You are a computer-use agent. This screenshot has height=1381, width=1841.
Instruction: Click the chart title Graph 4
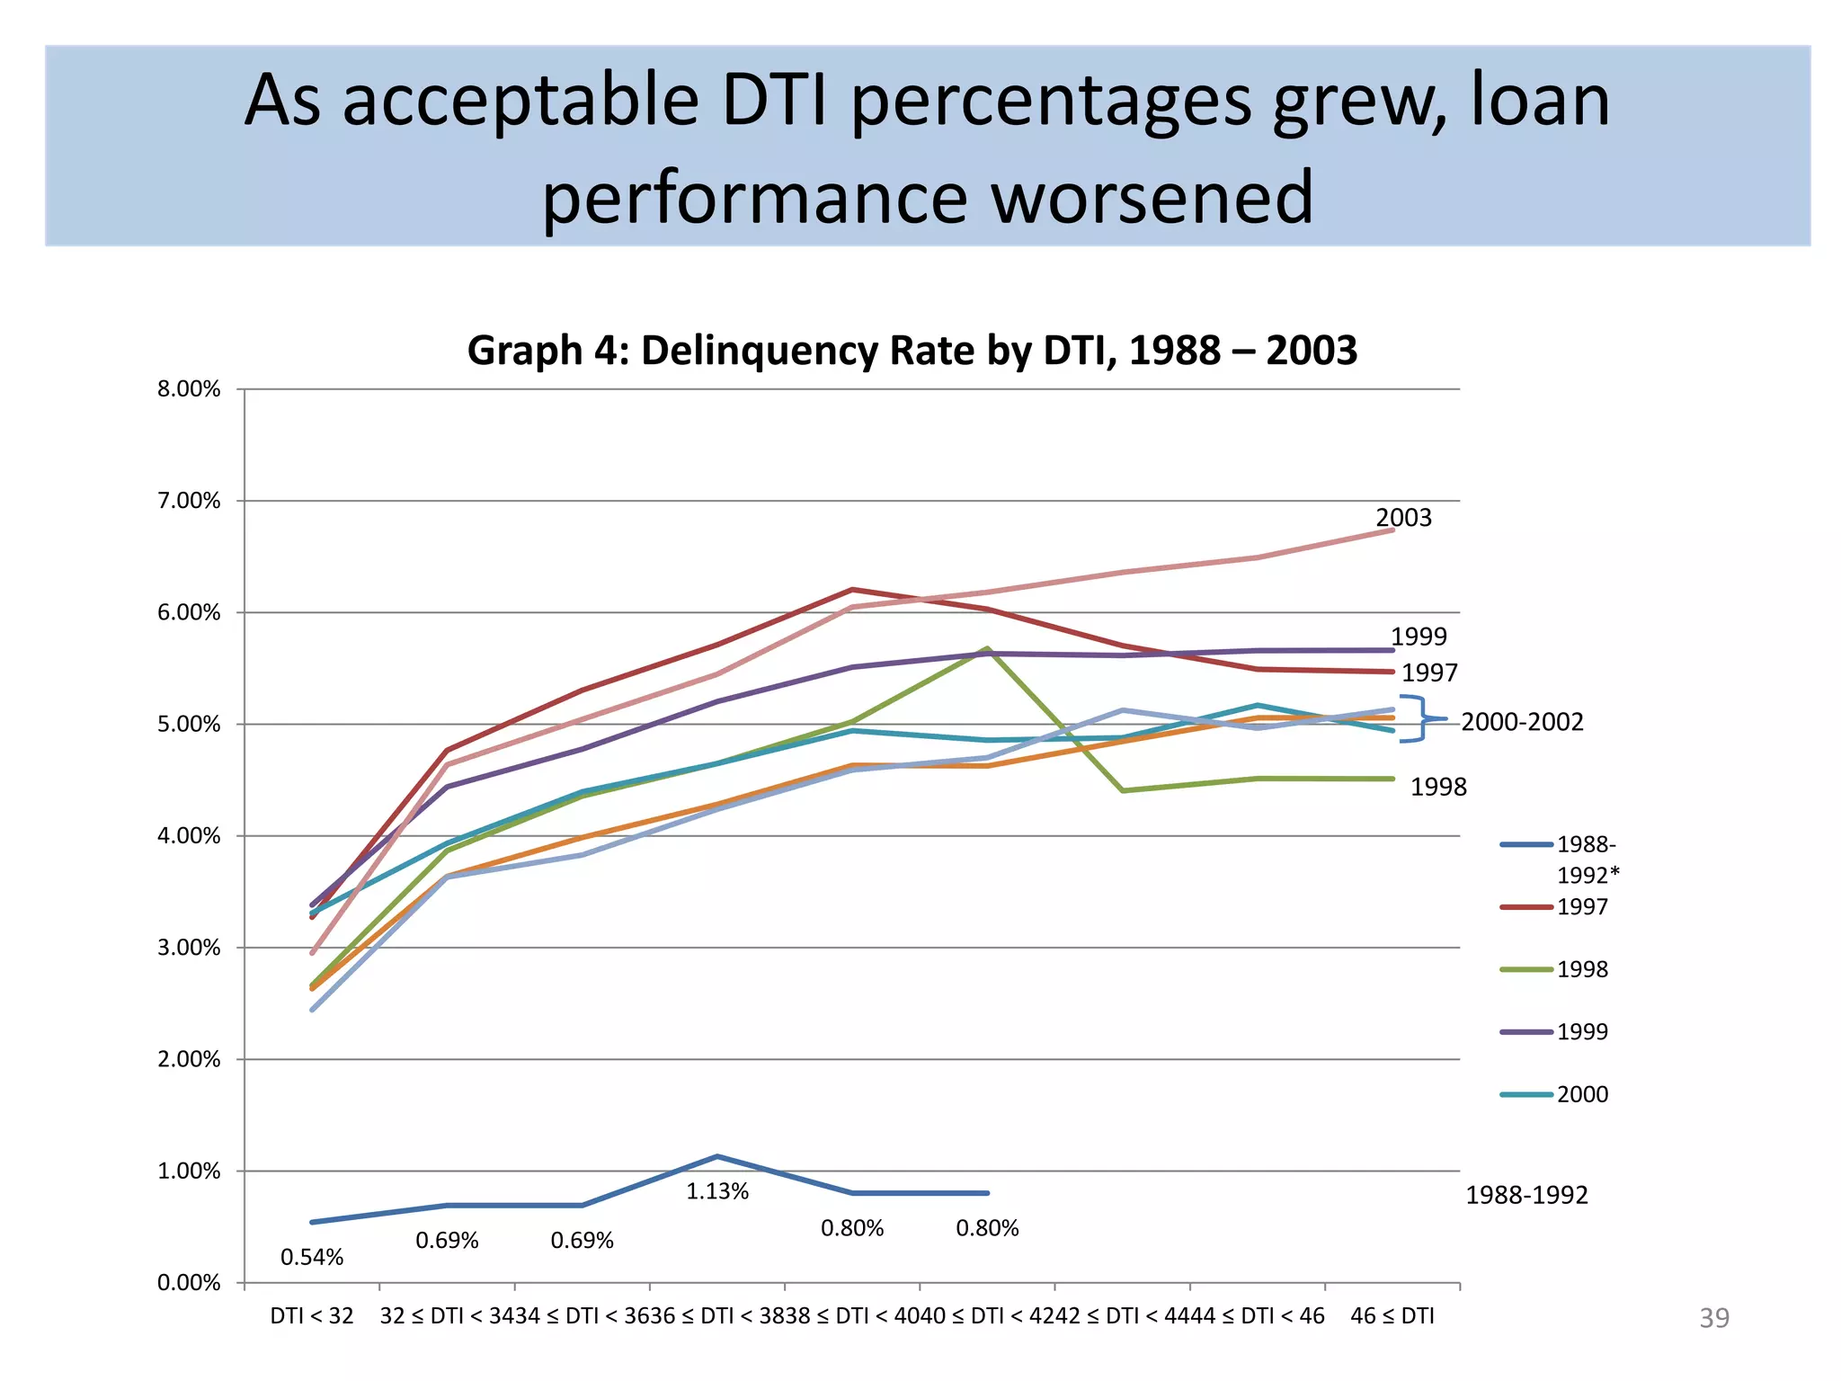pyautogui.click(x=912, y=351)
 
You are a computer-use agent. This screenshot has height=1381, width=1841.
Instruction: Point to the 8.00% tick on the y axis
pyautogui.click(x=189, y=389)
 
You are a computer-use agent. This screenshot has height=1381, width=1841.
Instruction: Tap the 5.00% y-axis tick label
pyautogui.click(x=189, y=725)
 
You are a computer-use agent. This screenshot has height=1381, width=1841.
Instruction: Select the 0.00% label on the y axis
pyautogui.click(x=189, y=1283)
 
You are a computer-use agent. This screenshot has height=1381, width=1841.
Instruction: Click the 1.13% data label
pyautogui.click(x=717, y=1192)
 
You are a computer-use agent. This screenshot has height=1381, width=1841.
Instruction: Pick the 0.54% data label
pyautogui.click(x=312, y=1258)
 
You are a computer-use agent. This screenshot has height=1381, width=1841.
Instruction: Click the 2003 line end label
pyautogui.click(x=1403, y=518)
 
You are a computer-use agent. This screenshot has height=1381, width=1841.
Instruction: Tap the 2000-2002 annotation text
pyautogui.click(x=1522, y=722)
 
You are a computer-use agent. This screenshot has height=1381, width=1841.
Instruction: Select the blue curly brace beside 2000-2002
pyautogui.click(x=1420, y=719)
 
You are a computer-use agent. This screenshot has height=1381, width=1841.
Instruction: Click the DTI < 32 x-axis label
pyautogui.click(x=312, y=1316)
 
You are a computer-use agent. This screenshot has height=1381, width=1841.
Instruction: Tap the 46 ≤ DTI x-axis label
pyautogui.click(x=1392, y=1316)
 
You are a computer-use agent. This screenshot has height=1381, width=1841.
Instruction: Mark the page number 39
pyautogui.click(x=1713, y=1318)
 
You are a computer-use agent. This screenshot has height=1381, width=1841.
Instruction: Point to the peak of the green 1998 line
pyautogui.click(x=988, y=648)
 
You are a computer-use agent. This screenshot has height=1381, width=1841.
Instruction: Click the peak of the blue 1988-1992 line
pyautogui.click(x=716, y=1156)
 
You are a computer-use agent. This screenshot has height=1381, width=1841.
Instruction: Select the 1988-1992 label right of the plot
pyautogui.click(x=1526, y=1196)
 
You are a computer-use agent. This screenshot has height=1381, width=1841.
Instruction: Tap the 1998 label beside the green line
pyautogui.click(x=1438, y=788)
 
